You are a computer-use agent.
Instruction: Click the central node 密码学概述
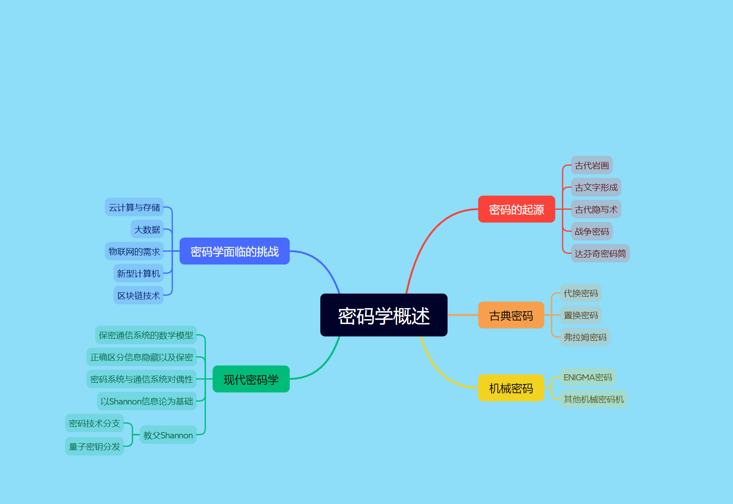pos(383,315)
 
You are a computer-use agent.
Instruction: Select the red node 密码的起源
pos(516,209)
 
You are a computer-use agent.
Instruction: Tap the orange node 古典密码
pos(511,315)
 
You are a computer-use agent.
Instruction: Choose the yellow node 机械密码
pos(511,388)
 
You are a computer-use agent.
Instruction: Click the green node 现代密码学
pos(251,379)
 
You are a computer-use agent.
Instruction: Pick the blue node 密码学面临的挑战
pos(235,251)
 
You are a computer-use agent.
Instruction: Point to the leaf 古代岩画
pos(591,165)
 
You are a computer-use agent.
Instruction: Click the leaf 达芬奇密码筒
pos(600,253)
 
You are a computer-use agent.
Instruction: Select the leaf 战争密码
pos(591,231)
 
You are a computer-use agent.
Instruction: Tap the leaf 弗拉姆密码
pos(585,337)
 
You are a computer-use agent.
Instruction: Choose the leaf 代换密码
pos(580,293)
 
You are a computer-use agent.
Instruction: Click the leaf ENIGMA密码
pos(587,377)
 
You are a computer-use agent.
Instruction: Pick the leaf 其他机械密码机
pos(593,399)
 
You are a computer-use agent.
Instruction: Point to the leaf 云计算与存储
pos(134,207)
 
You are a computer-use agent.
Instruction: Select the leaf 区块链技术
pos(138,295)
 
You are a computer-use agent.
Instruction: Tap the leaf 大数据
pos(147,229)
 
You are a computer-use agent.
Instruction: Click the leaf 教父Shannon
pos(168,435)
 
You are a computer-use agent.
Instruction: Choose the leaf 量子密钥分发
pos(94,446)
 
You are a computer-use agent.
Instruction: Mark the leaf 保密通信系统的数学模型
pos(146,335)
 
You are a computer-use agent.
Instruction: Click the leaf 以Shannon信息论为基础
pos(146,401)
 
